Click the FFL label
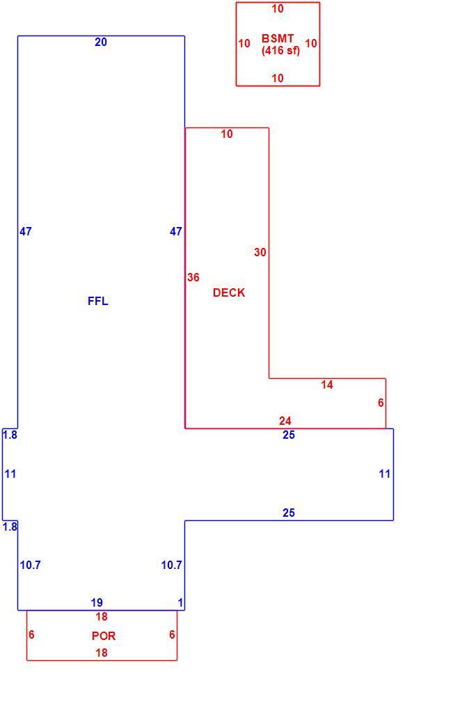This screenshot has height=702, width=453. coord(98,301)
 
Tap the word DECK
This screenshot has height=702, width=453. coord(229,292)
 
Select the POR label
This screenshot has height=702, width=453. coord(104,636)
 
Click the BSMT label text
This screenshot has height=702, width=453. coord(278,38)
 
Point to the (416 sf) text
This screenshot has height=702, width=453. coord(281,51)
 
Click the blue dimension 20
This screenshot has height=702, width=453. coord(101,42)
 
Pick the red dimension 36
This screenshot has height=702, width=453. coord(193,278)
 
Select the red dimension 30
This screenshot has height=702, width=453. coord(260,253)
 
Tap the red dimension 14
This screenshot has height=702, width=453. coord(327,384)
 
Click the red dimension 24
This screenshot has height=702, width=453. coord(285,421)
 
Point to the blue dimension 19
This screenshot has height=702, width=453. coord(97,602)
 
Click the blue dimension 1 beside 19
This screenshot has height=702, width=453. coord(180,602)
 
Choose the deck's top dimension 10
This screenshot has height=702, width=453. coord(227,134)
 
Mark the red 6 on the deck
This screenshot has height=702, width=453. coord(381,403)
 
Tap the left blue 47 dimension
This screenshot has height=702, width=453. coord(26,231)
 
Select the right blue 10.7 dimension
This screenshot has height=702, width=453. coord(172,565)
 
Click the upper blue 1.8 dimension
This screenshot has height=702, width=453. coord(10,435)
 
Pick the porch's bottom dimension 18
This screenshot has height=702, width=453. coord(102,653)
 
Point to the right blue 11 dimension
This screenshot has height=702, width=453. coord(385,474)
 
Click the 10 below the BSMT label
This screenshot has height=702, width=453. coord(278,78)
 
